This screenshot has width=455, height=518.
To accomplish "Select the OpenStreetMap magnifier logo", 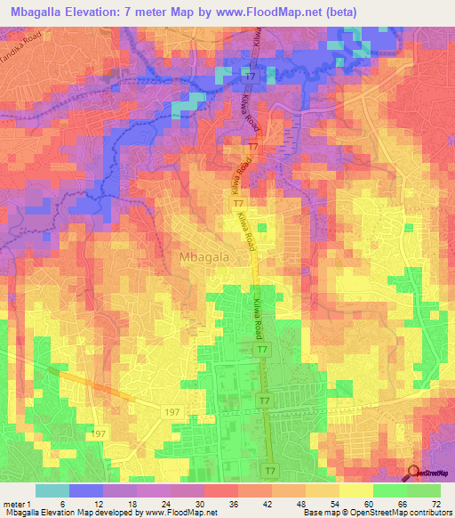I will pos(415,475).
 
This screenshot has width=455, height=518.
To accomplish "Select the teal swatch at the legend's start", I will pos(52,490).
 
